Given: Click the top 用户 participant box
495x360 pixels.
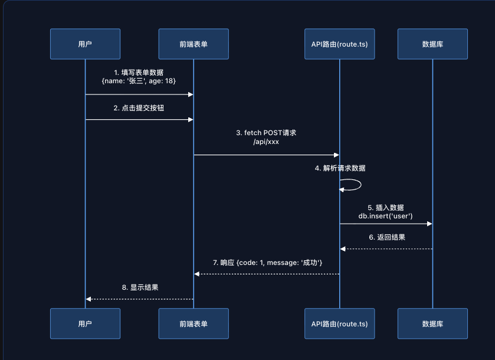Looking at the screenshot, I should [85, 44].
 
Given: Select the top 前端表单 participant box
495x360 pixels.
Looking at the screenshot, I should [194, 44].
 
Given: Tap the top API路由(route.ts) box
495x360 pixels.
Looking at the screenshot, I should [339, 44].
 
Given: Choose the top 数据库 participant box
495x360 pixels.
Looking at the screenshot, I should [432, 44].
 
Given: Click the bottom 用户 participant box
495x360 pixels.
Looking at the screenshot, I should [85, 323].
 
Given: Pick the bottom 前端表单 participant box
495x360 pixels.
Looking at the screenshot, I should [194, 323].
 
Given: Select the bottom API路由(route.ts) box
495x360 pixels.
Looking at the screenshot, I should [339, 323].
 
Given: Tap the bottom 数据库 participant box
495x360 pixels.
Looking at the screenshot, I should [432, 323].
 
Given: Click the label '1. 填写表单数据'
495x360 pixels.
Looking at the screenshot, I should [139, 71].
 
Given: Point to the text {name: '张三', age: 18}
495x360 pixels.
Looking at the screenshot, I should [139, 80].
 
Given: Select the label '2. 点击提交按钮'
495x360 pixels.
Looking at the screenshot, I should [139, 109].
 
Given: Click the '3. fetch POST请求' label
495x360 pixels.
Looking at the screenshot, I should [266, 133].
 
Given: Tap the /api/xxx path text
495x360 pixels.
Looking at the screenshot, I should [266, 142].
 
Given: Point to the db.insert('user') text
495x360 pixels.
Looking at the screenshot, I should [386, 216].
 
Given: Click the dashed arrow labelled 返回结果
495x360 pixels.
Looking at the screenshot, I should [386, 248].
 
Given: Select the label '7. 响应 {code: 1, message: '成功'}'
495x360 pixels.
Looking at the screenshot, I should [267, 262].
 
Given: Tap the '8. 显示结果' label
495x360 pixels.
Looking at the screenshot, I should [140, 287].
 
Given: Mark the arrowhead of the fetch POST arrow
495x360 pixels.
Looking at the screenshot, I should [336, 155].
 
